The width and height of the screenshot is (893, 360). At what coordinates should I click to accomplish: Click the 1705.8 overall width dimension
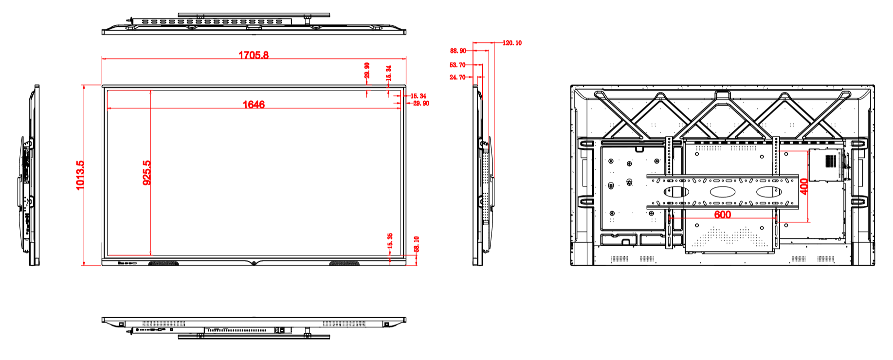pos(253,55)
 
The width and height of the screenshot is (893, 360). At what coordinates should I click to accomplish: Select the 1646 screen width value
pos(254,105)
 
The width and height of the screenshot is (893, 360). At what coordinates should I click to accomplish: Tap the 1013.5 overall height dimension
pos(80,175)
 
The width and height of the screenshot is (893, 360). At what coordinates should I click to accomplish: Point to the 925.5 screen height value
pos(146,173)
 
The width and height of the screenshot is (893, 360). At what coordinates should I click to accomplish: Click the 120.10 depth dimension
pos(512,43)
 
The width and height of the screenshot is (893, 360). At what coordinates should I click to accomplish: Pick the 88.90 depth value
pos(458,51)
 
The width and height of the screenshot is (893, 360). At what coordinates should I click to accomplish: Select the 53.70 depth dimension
pos(457,65)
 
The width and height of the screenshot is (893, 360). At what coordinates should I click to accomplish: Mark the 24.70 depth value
pos(457,77)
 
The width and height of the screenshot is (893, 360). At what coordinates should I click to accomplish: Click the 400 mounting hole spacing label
pos(804,186)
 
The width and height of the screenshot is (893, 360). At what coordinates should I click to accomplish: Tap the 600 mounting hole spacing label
pos(722,215)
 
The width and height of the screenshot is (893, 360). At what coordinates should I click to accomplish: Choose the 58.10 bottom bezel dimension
pos(417,244)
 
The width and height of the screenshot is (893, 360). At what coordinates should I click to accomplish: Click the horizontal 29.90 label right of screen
pos(421,104)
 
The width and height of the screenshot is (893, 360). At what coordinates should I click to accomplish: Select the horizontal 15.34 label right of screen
pos(418,96)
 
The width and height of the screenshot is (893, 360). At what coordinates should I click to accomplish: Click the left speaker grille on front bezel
pos(163,264)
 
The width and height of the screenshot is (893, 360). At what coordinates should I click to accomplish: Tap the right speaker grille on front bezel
pos(344,264)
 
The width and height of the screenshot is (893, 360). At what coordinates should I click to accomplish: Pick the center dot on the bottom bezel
pos(254,264)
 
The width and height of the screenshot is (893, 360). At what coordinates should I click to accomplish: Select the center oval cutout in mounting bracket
pos(722,192)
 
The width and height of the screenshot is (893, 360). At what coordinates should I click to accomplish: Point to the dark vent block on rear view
pos(830,160)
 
